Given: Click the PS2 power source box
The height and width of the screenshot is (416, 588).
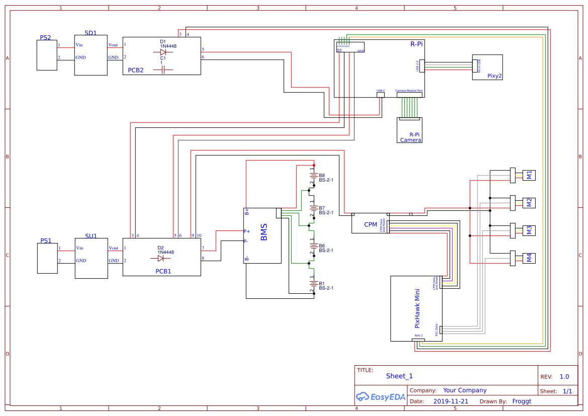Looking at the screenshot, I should pos(47,55).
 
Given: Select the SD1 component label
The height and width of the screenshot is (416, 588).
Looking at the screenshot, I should pos(91,33).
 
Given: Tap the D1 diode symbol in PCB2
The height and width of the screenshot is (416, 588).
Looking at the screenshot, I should pos(163,52).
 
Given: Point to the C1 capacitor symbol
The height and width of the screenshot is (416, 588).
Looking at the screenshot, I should pos(162,70).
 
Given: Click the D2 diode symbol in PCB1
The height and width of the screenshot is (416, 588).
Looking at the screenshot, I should pos(160,259).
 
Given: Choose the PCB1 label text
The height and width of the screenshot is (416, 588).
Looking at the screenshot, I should pos(163,271).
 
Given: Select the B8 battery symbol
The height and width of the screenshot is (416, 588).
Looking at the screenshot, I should pos(313,176).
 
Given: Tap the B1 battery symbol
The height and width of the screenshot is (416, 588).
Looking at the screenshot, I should pos(313,284).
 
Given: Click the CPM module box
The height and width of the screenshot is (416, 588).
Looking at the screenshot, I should pos(370,224).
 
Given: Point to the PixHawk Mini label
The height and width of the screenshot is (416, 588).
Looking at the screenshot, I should pos(417,308).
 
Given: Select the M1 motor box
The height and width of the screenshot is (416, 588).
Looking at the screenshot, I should pos(529,175).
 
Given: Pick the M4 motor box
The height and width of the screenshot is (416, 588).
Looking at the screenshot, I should pos(529,258).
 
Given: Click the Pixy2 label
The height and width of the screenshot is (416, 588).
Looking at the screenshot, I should pos(494,76).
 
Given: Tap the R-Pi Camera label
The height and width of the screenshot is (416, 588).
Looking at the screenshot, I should pos(411,137).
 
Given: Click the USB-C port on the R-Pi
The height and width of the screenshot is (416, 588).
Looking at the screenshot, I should pos(381,94).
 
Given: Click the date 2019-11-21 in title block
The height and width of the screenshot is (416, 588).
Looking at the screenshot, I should pos(451,401).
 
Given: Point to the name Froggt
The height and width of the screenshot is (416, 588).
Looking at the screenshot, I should pos(522,401).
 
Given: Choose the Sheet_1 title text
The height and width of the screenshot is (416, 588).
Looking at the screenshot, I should pos(399,376).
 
